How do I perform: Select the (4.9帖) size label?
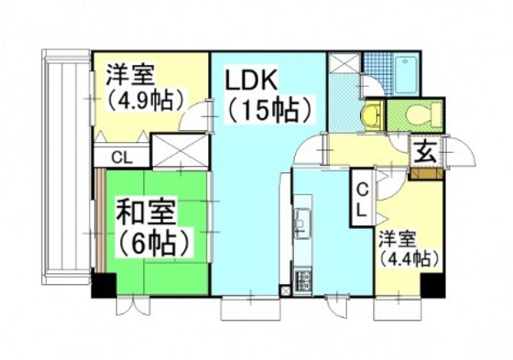[145, 98]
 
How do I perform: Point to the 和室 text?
[147, 213]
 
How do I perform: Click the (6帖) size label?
[153, 244]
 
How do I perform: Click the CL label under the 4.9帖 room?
[120, 157]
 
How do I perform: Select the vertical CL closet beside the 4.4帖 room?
[363, 198]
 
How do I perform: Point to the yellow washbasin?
[370, 115]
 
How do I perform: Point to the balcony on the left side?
[65, 165]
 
